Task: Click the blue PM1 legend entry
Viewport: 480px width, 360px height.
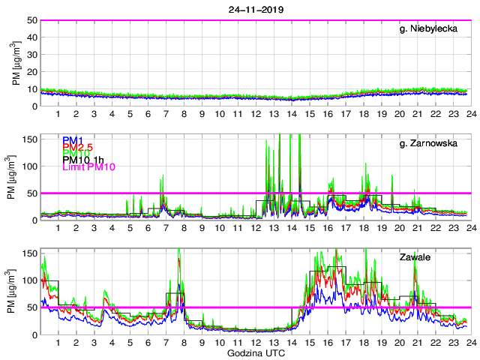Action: [x=74, y=139]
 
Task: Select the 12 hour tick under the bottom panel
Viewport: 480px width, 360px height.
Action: [x=255, y=342]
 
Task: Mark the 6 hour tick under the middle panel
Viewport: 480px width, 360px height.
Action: [x=148, y=228]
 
